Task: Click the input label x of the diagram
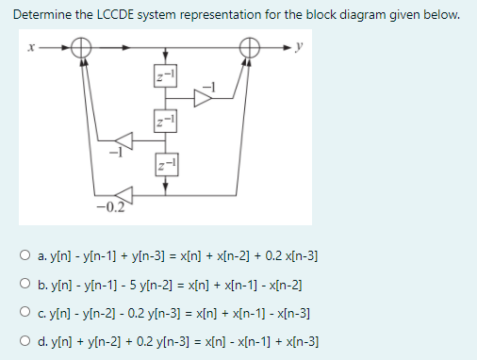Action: tap(30, 45)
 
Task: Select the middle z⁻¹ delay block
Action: tap(166, 121)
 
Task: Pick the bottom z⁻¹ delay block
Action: tap(166, 166)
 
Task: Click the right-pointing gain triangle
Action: tap(205, 99)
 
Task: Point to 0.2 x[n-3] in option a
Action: tap(288, 256)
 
